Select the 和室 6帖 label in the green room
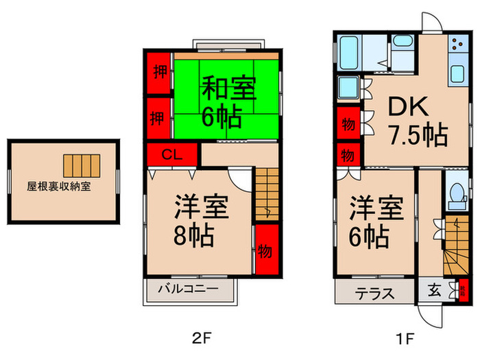[x=221, y=103]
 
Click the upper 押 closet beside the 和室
[x=159, y=72]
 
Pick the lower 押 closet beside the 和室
[x=159, y=117]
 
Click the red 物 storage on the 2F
[x=265, y=250]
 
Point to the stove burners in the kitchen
[x=456, y=47]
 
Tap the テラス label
[x=374, y=293]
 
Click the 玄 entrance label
[x=435, y=291]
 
